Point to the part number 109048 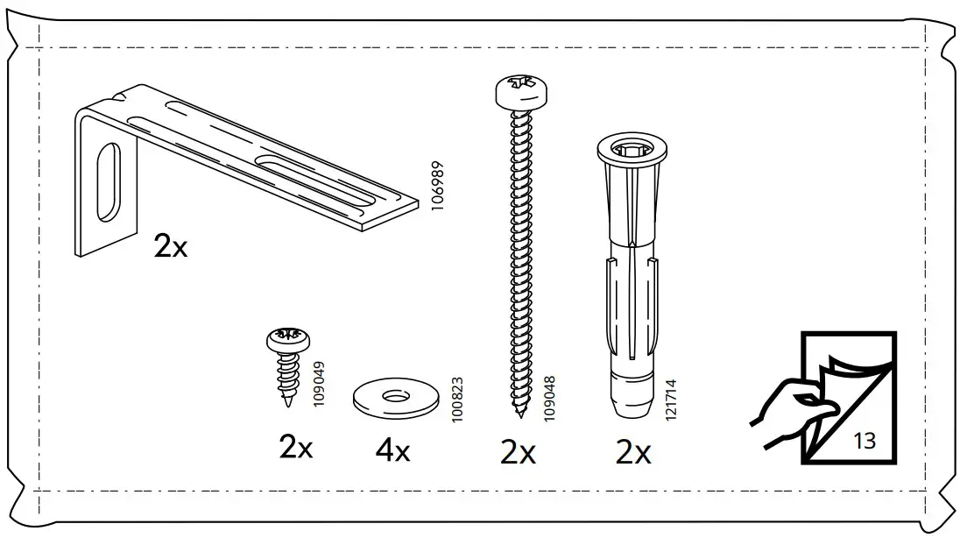click(550, 399)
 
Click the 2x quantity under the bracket click(171, 247)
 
